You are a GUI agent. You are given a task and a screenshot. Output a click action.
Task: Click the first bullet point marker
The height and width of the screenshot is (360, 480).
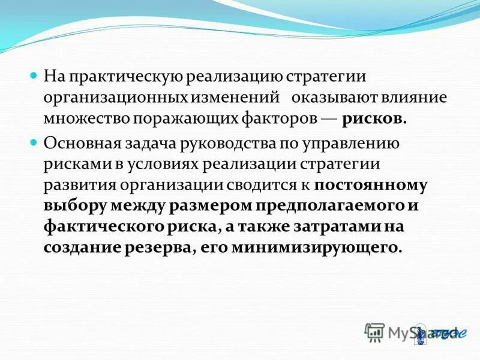34,77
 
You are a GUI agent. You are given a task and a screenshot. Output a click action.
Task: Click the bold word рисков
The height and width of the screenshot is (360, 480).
375,118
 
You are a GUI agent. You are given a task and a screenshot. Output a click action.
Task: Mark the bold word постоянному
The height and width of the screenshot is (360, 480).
370,185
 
